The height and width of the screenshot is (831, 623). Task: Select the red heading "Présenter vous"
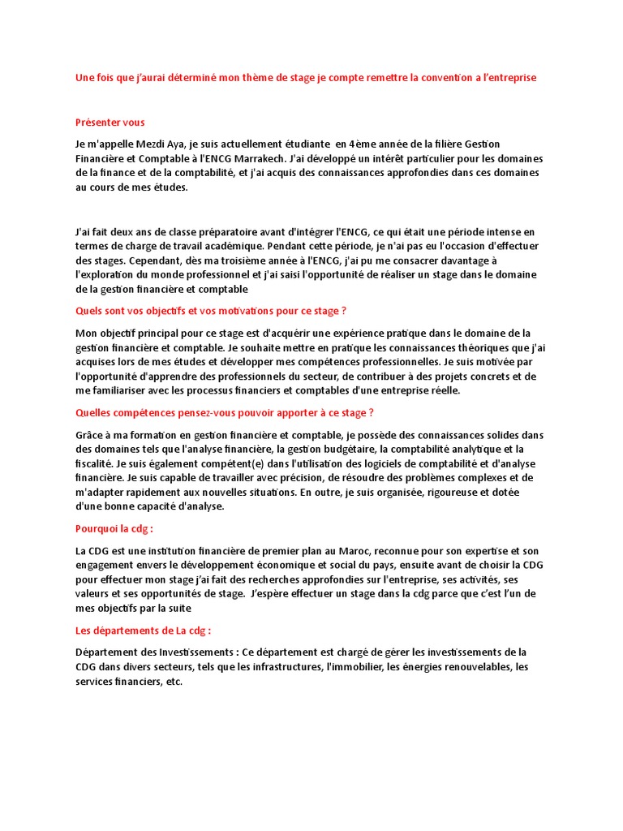[x=110, y=123]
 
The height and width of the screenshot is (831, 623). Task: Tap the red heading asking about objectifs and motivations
[x=211, y=311]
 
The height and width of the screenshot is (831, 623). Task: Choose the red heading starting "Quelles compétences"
[x=225, y=413]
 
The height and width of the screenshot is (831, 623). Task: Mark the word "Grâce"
[x=91, y=435]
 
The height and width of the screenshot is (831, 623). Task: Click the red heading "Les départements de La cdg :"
[x=143, y=631]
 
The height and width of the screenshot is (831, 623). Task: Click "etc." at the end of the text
[x=172, y=682]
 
